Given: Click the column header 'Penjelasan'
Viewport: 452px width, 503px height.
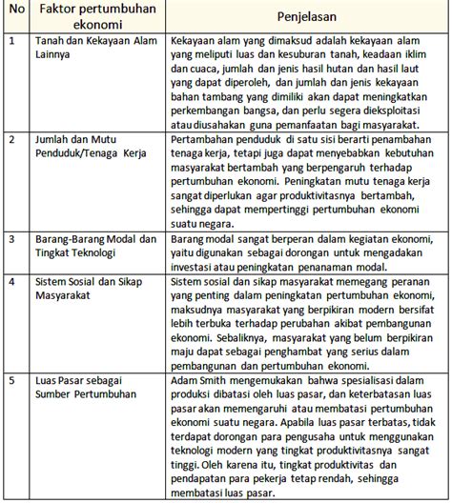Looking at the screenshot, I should coord(306,17).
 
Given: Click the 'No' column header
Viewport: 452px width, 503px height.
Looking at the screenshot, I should coord(15,11).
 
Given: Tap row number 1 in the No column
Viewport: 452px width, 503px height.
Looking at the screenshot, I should coord(10,41).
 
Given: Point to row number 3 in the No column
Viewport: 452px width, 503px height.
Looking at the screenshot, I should coord(10,239).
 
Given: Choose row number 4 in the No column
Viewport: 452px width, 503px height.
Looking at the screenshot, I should coord(10,281).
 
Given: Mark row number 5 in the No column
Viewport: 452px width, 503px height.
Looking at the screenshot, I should coord(10,380).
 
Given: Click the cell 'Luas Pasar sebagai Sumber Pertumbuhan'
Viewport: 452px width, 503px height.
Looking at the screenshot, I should coord(83,388).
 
